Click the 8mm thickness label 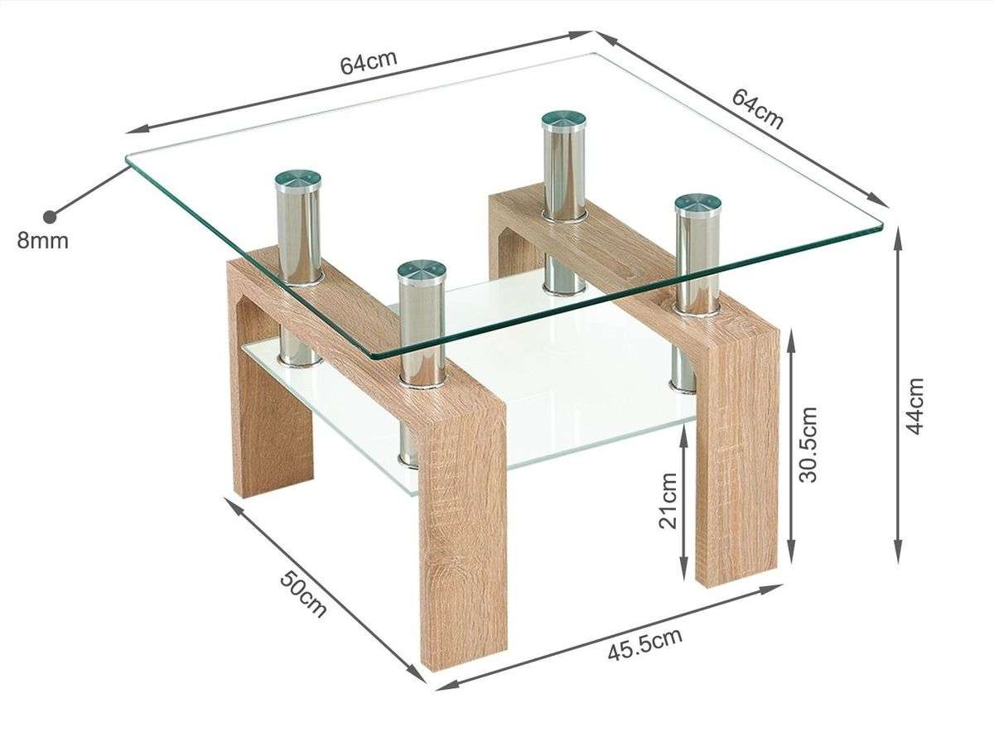coord(42,241)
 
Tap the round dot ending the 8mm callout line coord(50,216)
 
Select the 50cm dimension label coord(302,595)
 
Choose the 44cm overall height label coord(915,406)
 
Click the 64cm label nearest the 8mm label coord(369,62)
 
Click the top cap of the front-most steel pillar coord(421,272)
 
